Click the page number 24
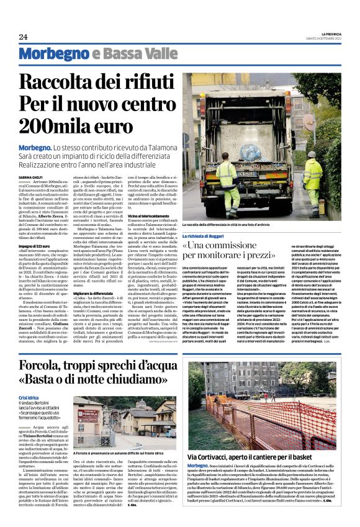[x=23, y=37]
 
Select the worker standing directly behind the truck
[x=228, y=186]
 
